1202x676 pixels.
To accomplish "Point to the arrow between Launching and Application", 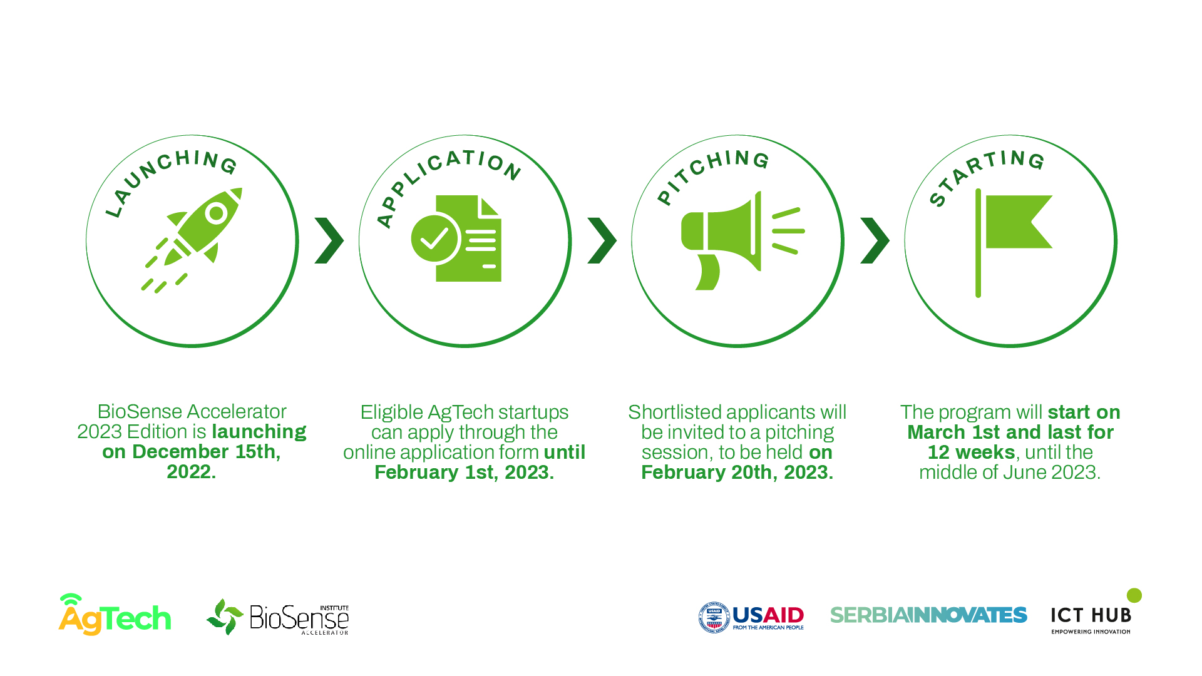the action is pos(329,240).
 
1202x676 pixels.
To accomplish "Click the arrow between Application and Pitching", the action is pos(602,240).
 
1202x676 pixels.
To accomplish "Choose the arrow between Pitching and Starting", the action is pos(875,240).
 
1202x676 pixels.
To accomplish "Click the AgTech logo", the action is pos(115,615).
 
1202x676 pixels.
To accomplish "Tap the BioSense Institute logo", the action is pos(277,617).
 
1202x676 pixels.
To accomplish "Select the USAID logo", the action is pos(751,618).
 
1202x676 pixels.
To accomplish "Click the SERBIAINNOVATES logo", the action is pos(928,615).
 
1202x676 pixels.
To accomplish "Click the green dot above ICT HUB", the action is pos(1134,595).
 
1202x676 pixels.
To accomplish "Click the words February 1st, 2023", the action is pos(464,472).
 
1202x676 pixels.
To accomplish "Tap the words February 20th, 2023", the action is pos(737,472).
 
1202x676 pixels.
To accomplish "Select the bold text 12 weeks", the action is pos(971,452).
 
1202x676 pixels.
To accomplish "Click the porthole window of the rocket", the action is pos(217,213).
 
